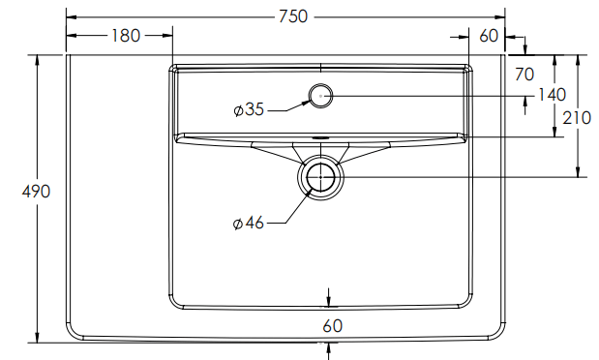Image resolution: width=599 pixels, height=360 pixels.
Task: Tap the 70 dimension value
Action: [x=524, y=74]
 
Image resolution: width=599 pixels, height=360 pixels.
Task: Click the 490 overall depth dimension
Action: [x=36, y=192]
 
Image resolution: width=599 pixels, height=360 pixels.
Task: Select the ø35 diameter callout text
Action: [x=249, y=109]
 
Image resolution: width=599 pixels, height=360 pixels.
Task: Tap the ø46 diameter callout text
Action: [x=249, y=223]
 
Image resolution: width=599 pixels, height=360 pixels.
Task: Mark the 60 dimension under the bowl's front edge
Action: [x=332, y=326]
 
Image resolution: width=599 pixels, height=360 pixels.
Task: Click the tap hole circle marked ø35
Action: [x=320, y=94]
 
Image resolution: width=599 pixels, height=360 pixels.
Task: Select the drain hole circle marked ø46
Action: [x=320, y=178]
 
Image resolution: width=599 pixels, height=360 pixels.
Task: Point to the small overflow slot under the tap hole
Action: [x=320, y=136]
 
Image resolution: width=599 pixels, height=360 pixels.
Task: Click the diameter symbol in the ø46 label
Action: [x=237, y=224]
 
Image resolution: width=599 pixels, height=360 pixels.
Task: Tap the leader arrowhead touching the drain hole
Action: [x=310, y=190]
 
